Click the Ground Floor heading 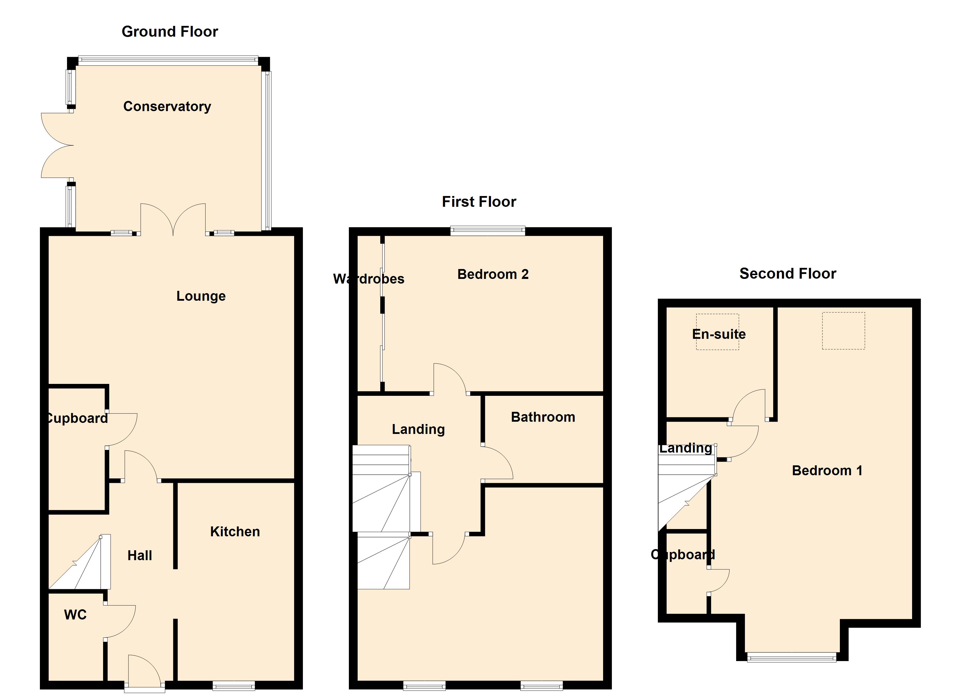(x=169, y=32)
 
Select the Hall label (x=139, y=555)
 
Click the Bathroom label (x=543, y=417)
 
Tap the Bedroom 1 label (x=827, y=471)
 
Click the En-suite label (x=719, y=334)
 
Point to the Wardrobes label (x=369, y=279)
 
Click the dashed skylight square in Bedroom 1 (x=843, y=331)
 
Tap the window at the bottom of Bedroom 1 (x=792, y=657)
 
